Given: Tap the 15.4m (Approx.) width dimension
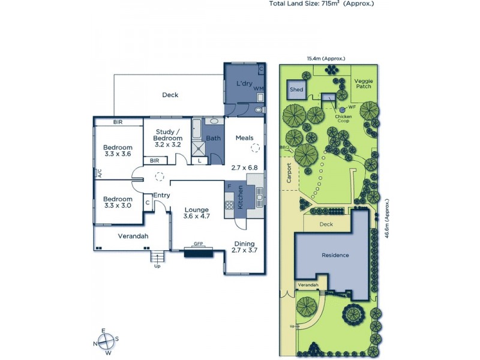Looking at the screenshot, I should [x=326, y=59].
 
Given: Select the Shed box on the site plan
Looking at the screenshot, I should [x=296, y=89].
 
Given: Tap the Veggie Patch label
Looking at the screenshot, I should [x=362, y=83].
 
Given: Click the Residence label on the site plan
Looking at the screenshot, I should [x=335, y=255].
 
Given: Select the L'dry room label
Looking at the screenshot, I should [x=244, y=83].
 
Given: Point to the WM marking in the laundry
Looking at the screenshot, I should [x=259, y=89].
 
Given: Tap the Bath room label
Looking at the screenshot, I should [x=213, y=138].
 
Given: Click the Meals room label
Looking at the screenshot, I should [x=245, y=138].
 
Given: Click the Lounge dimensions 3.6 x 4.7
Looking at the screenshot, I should [x=196, y=217].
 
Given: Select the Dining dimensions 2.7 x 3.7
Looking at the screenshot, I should [x=244, y=250].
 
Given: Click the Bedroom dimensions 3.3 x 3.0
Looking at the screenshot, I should [x=117, y=206].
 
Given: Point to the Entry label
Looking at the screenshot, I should [x=161, y=195].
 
